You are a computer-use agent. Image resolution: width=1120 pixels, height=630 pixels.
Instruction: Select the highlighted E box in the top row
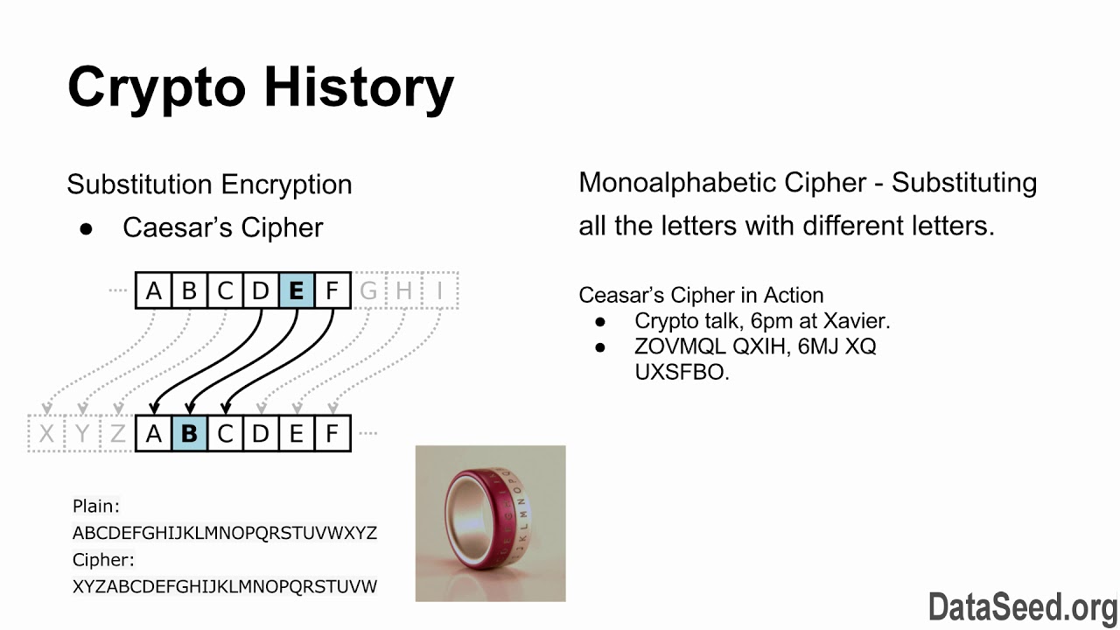tap(296, 290)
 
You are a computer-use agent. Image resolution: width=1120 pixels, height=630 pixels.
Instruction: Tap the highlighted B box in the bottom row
tap(189, 433)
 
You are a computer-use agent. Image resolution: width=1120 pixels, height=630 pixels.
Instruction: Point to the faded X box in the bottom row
tap(46, 433)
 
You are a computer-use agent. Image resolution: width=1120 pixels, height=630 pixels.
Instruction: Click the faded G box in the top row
tap(368, 290)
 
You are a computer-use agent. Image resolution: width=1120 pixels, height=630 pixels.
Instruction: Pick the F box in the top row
tap(332, 290)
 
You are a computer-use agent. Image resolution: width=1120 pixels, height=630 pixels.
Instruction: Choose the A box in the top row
tap(154, 290)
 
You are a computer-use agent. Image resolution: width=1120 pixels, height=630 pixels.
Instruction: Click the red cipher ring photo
tap(490, 523)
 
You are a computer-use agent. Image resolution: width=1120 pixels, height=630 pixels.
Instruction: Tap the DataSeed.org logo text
tap(1022, 606)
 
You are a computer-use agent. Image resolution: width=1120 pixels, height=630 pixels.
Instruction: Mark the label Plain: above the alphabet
tap(96, 506)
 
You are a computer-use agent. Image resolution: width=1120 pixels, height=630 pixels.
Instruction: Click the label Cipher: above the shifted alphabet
tap(103, 559)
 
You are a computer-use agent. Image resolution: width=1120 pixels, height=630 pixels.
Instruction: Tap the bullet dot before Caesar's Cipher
tap(87, 228)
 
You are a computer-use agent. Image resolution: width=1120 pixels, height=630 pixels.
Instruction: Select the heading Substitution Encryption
tap(209, 185)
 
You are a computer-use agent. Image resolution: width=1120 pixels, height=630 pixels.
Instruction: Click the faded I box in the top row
tap(441, 290)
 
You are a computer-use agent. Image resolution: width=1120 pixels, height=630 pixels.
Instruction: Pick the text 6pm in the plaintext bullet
tap(769, 321)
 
